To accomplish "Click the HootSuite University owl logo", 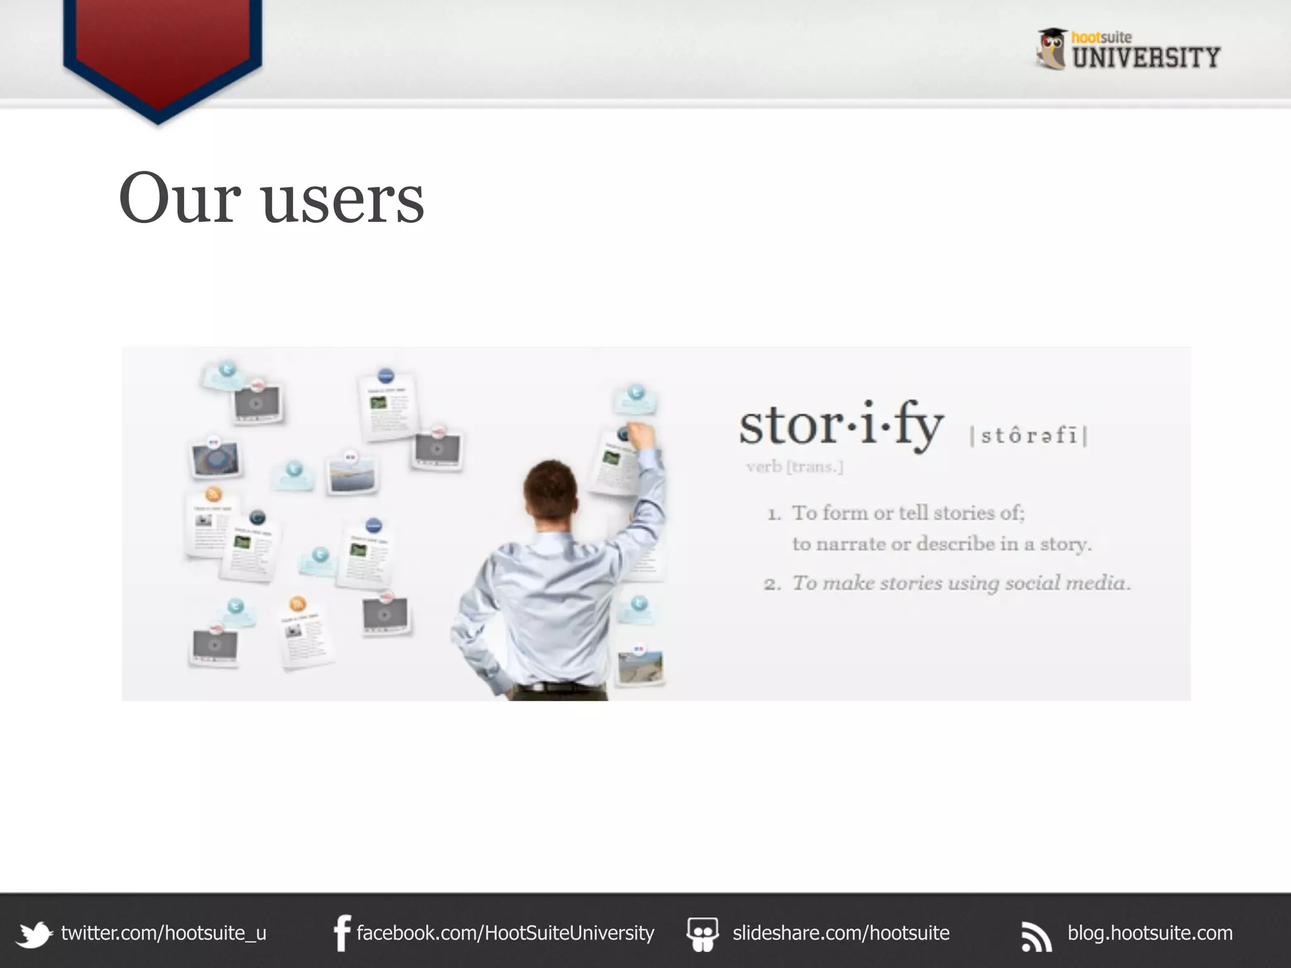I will click(x=1051, y=49).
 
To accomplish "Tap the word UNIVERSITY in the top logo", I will click(x=1146, y=58).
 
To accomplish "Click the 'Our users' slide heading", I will click(x=271, y=199).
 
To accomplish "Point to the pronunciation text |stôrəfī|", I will click(x=1029, y=435).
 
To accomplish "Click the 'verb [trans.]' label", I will click(x=794, y=467).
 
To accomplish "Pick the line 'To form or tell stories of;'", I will click(x=908, y=513).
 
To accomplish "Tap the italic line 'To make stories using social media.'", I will click(x=961, y=583).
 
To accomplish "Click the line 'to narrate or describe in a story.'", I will click(x=941, y=544).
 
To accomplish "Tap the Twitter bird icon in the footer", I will click(x=34, y=934).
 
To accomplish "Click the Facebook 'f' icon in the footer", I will click(x=342, y=933).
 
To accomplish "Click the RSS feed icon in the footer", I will click(x=1036, y=936).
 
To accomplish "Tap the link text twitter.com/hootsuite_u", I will click(x=164, y=933).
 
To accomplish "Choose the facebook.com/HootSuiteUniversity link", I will click(x=505, y=933).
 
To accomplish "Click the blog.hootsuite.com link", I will click(x=1150, y=933).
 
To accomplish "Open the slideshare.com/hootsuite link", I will click(x=841, y=933).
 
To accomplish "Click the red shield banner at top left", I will click(x=162, y=50).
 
